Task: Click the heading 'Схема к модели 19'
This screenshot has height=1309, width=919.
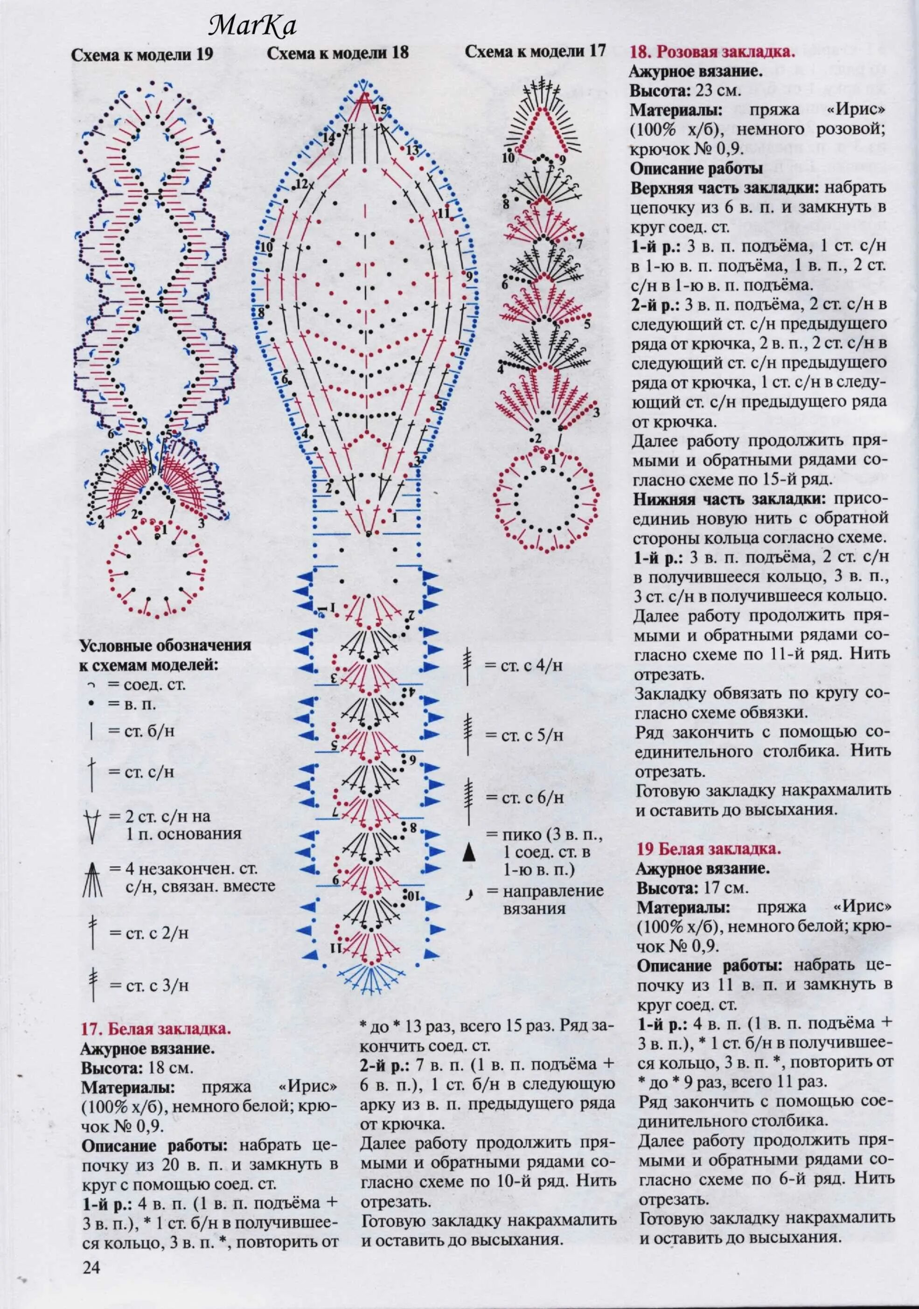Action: (142, 55)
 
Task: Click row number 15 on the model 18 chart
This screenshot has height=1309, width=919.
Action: (381, 109)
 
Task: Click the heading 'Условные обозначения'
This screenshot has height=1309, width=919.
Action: (165, 646)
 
